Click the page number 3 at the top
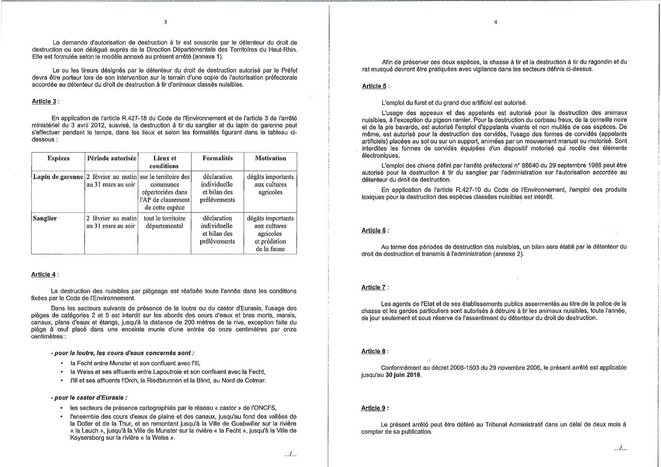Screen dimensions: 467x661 165,22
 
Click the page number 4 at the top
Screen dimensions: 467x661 495,22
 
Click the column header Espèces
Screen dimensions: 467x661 58,158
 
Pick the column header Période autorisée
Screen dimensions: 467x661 112,158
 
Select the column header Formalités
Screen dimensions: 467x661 218,158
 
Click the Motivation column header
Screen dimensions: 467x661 270,158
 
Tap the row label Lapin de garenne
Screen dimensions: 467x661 58,177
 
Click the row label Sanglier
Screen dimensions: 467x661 45,218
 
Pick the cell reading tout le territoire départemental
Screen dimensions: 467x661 164,222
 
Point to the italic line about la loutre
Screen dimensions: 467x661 122,353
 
